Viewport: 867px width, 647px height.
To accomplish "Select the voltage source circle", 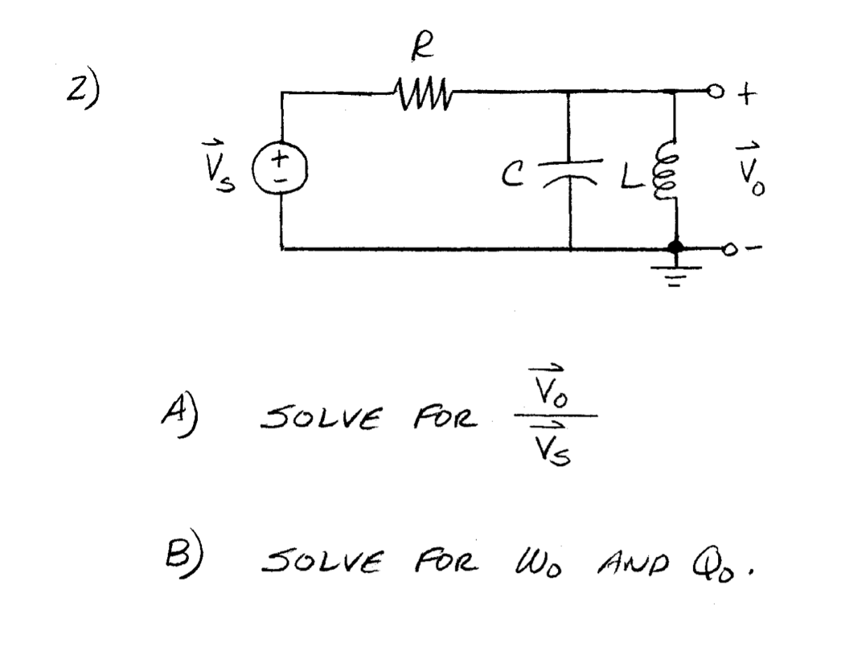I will (x=281, y=170).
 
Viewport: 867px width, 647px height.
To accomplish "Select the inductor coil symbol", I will (x=666, y=171).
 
